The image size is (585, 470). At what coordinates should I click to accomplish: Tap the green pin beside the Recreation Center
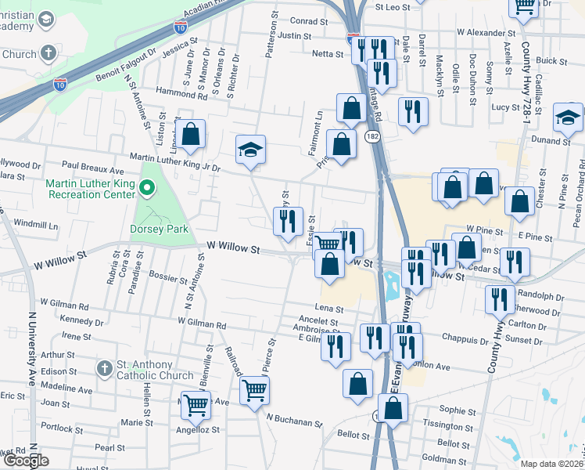coord(153,189)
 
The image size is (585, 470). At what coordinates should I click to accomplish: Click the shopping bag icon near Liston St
coord(190,134)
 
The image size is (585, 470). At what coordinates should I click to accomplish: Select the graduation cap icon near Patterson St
coord(251,149)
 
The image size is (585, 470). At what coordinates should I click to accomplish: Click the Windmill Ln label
coord(36,225)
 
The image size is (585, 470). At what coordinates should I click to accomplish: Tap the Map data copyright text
coord(551,464)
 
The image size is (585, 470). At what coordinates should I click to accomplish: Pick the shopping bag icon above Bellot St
coord(393,407)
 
